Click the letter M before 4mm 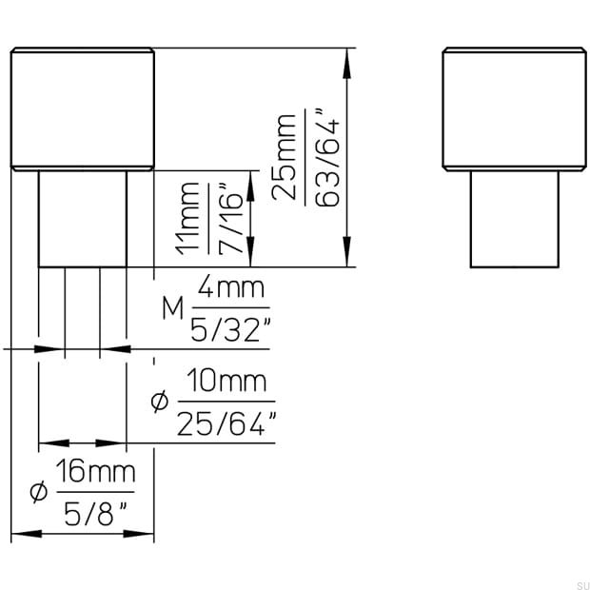click(171, 308)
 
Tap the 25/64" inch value click(226, 424)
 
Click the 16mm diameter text click(95, 470)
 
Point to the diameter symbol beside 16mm click(38, 492)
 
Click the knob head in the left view click(83, 108)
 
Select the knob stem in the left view click(83, 219)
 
